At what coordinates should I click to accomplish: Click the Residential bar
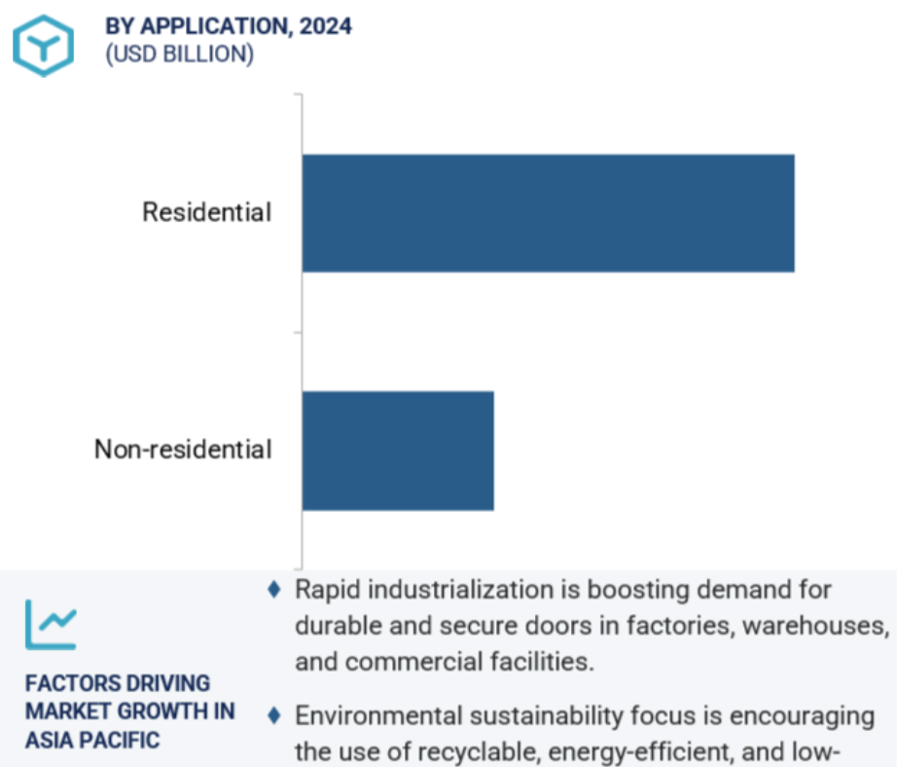pyautogui.click(x=548, y=213)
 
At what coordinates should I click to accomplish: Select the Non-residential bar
pyautogui.click(x=398, y=451)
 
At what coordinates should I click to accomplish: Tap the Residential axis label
pyautogui.click(x=206, y=212)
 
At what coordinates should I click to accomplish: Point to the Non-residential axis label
pyautogui.click(x=183, y=450)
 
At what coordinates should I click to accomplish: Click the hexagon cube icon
pyautogui.click(x=44, y=46)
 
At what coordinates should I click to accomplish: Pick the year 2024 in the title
pyautogui.click(x=326, y=26)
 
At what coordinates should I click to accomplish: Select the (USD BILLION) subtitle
pyautogui.click(x=180, y=55)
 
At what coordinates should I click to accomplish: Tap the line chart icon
pyautogui.click(x=51, y=625)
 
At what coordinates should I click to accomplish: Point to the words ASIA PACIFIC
pyautogui.click(x=92, y=740)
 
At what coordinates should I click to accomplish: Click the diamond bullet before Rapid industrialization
pyautogui.click(x=274, y=590)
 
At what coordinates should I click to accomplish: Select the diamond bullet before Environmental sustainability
pyautogui.click(x=274, y=715)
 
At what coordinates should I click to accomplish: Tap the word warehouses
pyautogui.click(x=816, y=626)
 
